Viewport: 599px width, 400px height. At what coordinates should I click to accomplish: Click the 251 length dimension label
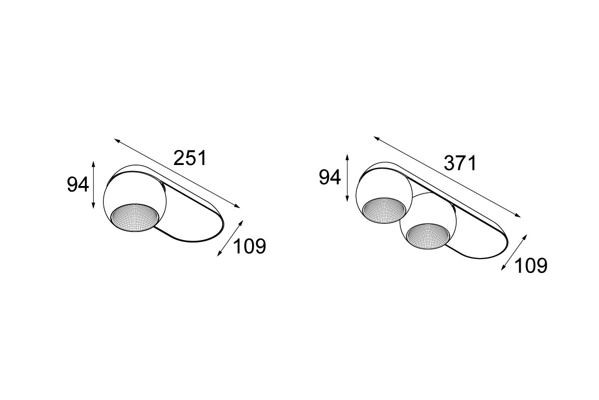tap(190, 158)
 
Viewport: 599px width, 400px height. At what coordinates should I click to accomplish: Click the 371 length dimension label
tap(460, 163)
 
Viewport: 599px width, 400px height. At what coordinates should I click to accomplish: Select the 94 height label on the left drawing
tap(78, 184)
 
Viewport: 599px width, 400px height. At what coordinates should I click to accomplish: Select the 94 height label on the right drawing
tap(330, 177)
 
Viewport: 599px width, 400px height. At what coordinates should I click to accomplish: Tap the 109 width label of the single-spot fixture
tap(250, 246)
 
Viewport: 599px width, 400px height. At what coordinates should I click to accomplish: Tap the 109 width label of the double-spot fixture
tap(531, 266)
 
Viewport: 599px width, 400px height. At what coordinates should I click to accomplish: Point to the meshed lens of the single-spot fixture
tap(134, 217)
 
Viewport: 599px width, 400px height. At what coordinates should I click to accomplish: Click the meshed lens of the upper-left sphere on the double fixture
tap(384, 210)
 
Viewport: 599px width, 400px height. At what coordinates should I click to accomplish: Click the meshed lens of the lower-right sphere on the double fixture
tap(428, 236)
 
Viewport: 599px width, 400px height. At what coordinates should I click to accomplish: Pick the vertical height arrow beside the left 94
tap(93, 185)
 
